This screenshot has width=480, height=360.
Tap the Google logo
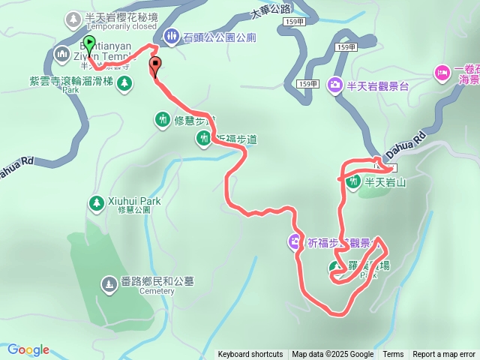(x=28, y=349)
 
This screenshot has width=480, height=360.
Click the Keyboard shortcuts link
(x=250, y=355)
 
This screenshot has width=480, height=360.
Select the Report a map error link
(x=444, y=355)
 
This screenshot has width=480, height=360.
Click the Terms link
(x=393, y=355)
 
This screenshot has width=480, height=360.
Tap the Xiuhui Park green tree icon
(x=96, y=202)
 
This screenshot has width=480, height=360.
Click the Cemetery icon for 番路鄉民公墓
(x=109, y=283)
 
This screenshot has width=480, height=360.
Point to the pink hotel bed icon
(x=441, y=73)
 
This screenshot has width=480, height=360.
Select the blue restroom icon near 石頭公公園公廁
(x=171, y=35)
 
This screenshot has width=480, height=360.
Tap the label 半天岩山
(x=385, y=181)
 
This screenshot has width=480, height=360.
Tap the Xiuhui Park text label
(x=135, y=201)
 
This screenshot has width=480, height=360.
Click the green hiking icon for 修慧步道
(x=163, y=118)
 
